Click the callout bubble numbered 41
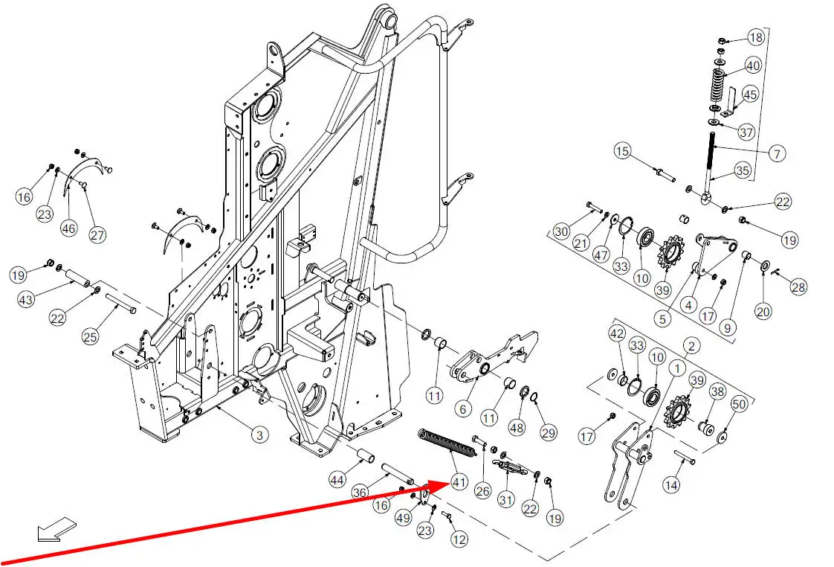pyautogui.click(x=459, y=482)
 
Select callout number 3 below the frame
pyautogui.click(x=258, y=435)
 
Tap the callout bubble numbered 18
pyautogui.click(x=755, y=38)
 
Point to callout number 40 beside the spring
pyautogui.click(x=752, y=65)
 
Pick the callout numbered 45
pyautogui.click(x=750, y=94)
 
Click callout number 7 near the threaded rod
pyautogui.click(x=776, y=154)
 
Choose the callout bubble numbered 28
pyautogui.click(x=798, y=287)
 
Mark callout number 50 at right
pyautogui.click(x=738, y=404)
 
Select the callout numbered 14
pyautogui.click(x=671, y=485)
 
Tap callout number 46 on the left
pyautogui.click(x=68, y=228)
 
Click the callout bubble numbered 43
pyautogui.click(x=26, y=299)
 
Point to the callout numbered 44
pyautogui.click(x=337, y=481)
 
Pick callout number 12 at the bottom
pyautogui.click(x=459, y=539)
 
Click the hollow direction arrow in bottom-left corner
pyautogui.click(x=56, y=529)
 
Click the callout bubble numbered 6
pyautogui.click(x=463, y=408)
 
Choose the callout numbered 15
pyautogui.click(x=622, y=152)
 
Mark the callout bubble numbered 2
pyautogui.click(x=691, y=345)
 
